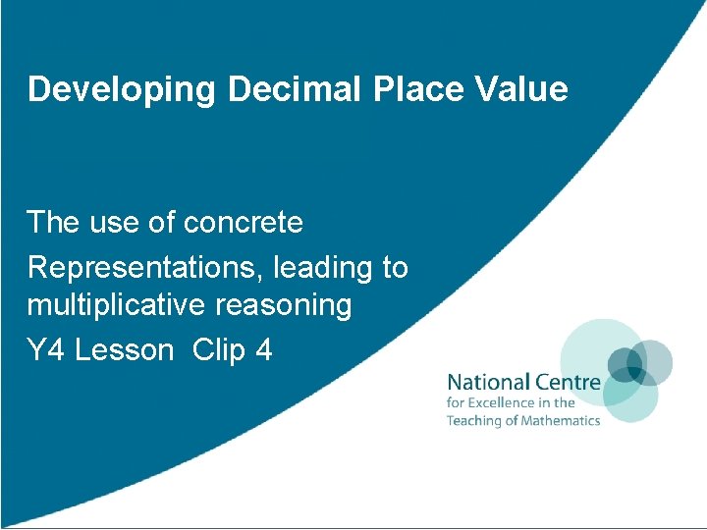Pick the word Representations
[x=146, y=266]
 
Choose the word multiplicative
[x=129, y=305]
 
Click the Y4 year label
[x=46, y=349]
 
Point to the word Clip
[x=219, y=349]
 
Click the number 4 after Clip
[x=263, y=349]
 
